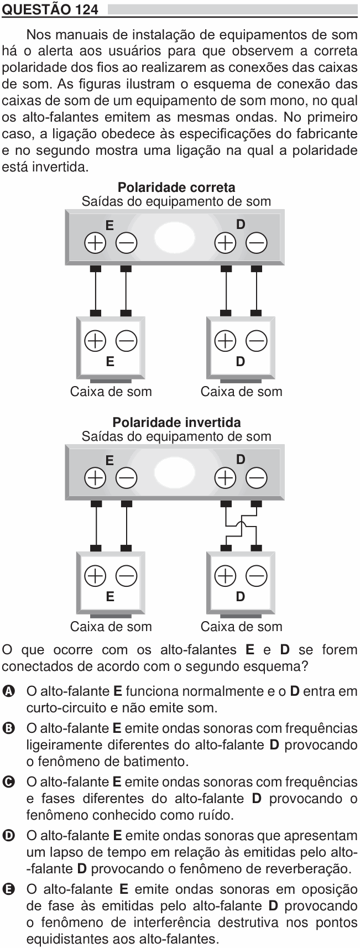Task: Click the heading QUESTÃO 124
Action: click(50, 9)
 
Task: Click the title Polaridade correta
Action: click(176, 187)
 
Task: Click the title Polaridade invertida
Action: click(176, 422)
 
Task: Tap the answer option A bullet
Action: click(8, 691)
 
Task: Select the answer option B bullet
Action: click(8, 728)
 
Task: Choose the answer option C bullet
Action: click(8, 782)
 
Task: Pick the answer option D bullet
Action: click(8, 835)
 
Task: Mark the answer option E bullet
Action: click(8, 889)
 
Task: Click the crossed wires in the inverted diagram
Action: click(241, 526)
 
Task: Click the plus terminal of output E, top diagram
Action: click(95, 243)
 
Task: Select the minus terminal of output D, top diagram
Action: click(257, 243)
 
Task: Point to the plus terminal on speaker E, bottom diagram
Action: click(95, 576)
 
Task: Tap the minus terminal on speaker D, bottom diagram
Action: click(257, 576)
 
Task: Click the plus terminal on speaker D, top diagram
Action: click(226, 341)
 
